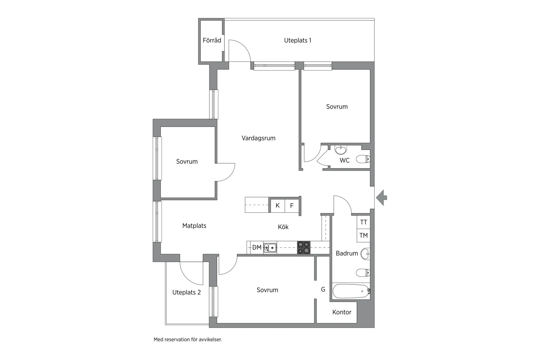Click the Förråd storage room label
pos(212,40)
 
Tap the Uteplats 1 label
pos(297,40)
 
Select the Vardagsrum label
pos(258,138)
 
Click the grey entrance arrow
pos(381,198)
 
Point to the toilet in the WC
pos(363,159)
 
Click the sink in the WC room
pos(341,150)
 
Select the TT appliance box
pos(363,222)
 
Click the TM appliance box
pos(363,235)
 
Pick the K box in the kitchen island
pos(278,206)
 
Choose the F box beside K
pos(292,206)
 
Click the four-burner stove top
pos(303,247)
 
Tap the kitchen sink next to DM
pos(270,248)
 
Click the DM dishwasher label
pos(257,247)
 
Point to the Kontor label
pos(342,312)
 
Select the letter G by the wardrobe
pos(323,289)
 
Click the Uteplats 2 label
pos(186,292)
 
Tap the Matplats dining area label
pos(194,226)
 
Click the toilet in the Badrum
pos(363,273)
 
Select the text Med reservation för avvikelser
pos(188,340)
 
